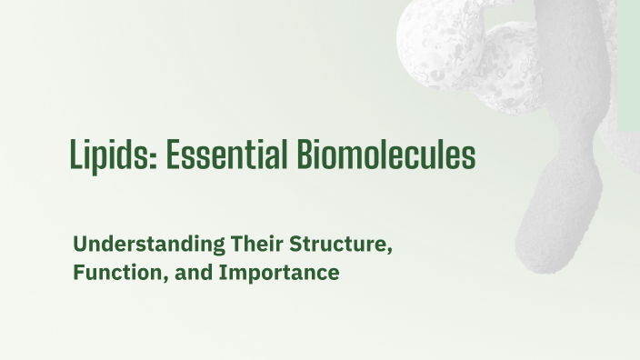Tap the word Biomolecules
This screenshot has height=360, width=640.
[x=385, y=155]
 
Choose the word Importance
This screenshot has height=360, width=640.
[x=278, y=273]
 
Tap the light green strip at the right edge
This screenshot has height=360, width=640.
[x=628, y=64]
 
